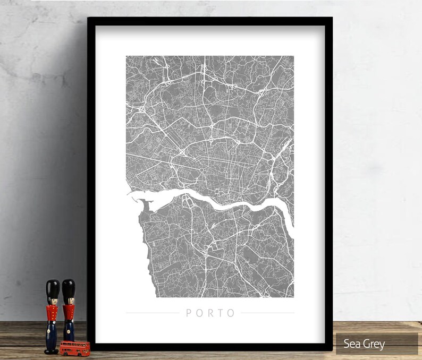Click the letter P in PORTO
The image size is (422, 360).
coord(189,313)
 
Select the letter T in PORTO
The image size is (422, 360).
coord(221,313)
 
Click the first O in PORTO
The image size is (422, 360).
coord(199,313)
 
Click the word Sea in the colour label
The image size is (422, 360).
coord(352,344)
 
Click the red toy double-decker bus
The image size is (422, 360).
coord(74,348)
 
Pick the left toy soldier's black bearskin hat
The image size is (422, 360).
coord(52,289)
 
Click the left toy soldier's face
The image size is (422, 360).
coord(52,301)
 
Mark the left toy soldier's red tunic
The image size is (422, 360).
coord(52,314)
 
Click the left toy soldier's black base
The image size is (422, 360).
coord(52,350)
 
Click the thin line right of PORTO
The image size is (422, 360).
coord(267,313)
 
